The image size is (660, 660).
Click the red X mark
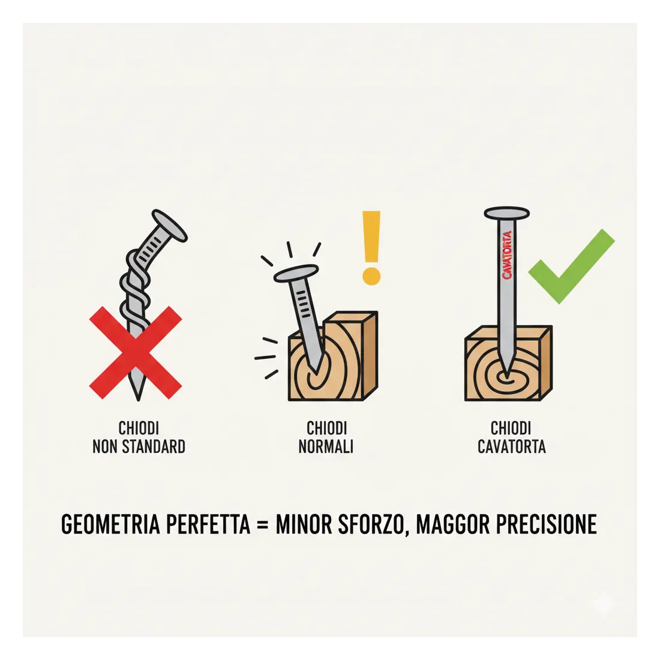pyautogui.click(x=136, y=353)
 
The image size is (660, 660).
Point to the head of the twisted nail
pyautogui.click(x=169, y=226)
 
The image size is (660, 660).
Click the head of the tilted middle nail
pyautogui.click(x=296, y=273)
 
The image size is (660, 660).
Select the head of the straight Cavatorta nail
pyautogui.click(x=506, y=213)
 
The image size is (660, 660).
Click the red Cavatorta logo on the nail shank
pyautogui.click(x=507, y=254)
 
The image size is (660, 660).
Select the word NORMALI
pyautogui.click(x=326, y=446)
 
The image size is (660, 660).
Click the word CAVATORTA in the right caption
pyautogui.click(x=511, y=446)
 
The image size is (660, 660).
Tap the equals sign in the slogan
pyautogui.click(x=263, y=525)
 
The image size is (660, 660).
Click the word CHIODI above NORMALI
pyautogui.click(x=326, y=428)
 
